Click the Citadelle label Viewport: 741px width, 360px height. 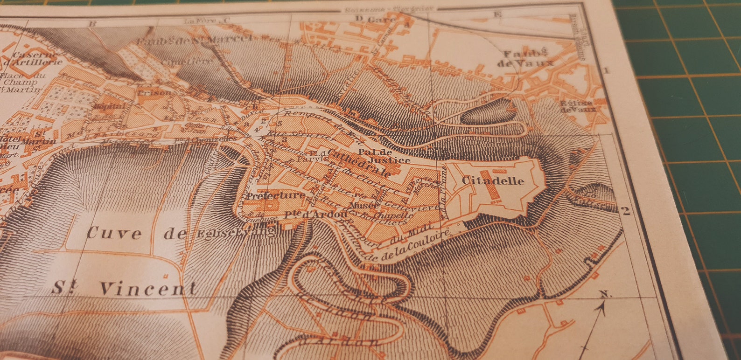pyautogui.click(x=493, y=181)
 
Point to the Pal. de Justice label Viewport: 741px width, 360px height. pyautogui.click(x=384, y=156)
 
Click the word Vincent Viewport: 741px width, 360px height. pyautogui.click(x=148, y=289)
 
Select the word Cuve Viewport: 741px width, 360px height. pyautogui.click(x=114, y=233)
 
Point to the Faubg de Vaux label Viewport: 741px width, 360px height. pyautogui.click(x=524, y=58)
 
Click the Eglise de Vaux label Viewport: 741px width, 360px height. pyautogui.click(x=578, y=106)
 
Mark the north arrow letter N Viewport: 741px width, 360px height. pyautogui.click(x=605, y=294)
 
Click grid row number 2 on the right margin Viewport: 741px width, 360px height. pyautogui.click(x=626, y=211)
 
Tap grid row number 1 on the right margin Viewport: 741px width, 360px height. pyautogui.click(x=606, y=70)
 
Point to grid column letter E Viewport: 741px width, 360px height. pyautogui.click(x=497, y=15)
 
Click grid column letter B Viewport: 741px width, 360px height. pyautogui.click(x=92, y=23)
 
